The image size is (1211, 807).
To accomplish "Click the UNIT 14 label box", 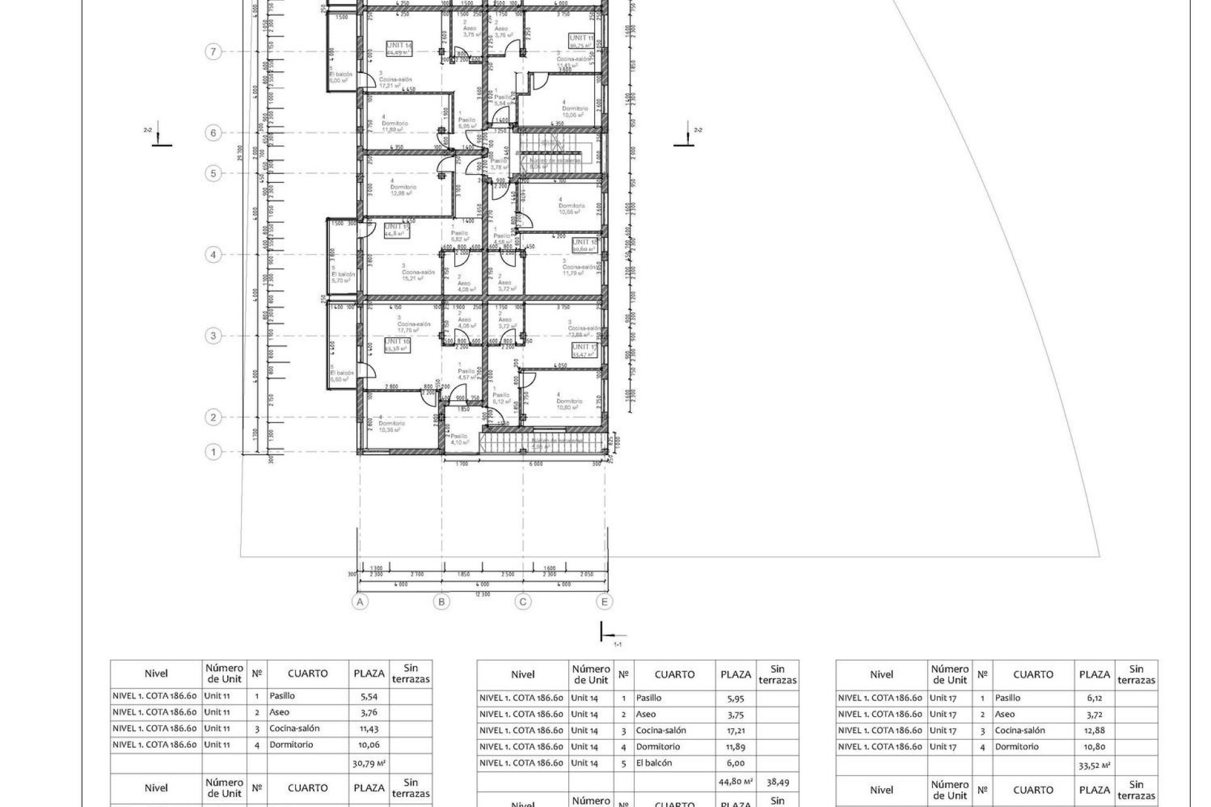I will pos(399,48).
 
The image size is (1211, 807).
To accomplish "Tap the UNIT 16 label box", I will pos(397,344).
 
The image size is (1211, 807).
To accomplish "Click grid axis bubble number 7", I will pos(214,52).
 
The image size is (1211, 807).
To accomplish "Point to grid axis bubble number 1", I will pos(214,452).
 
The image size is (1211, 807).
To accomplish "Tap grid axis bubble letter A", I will pos(360,602).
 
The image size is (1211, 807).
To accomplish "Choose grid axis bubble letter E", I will pos(604,602).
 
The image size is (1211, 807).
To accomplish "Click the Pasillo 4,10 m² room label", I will pos(459,439).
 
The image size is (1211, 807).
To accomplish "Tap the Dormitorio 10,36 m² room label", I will pos(391,427).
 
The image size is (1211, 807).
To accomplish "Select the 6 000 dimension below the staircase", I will pos(535,464).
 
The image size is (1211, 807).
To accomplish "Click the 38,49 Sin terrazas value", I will pos(778,782).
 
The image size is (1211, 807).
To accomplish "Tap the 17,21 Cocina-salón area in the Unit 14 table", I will pos(735,731).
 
